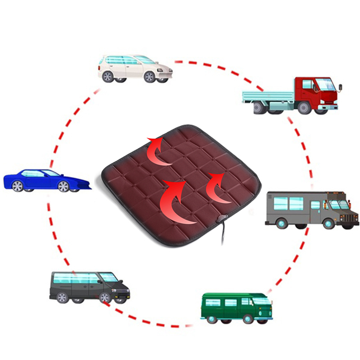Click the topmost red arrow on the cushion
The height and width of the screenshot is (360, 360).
click(x=157, y=150)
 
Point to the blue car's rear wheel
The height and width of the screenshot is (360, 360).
click(x=18, y=186)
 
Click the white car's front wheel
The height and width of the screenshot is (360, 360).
click(x=149, y=77)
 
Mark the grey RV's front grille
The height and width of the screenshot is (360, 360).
click(x=351, y=217)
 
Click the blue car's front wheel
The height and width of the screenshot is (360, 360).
click(x=63, y=186)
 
